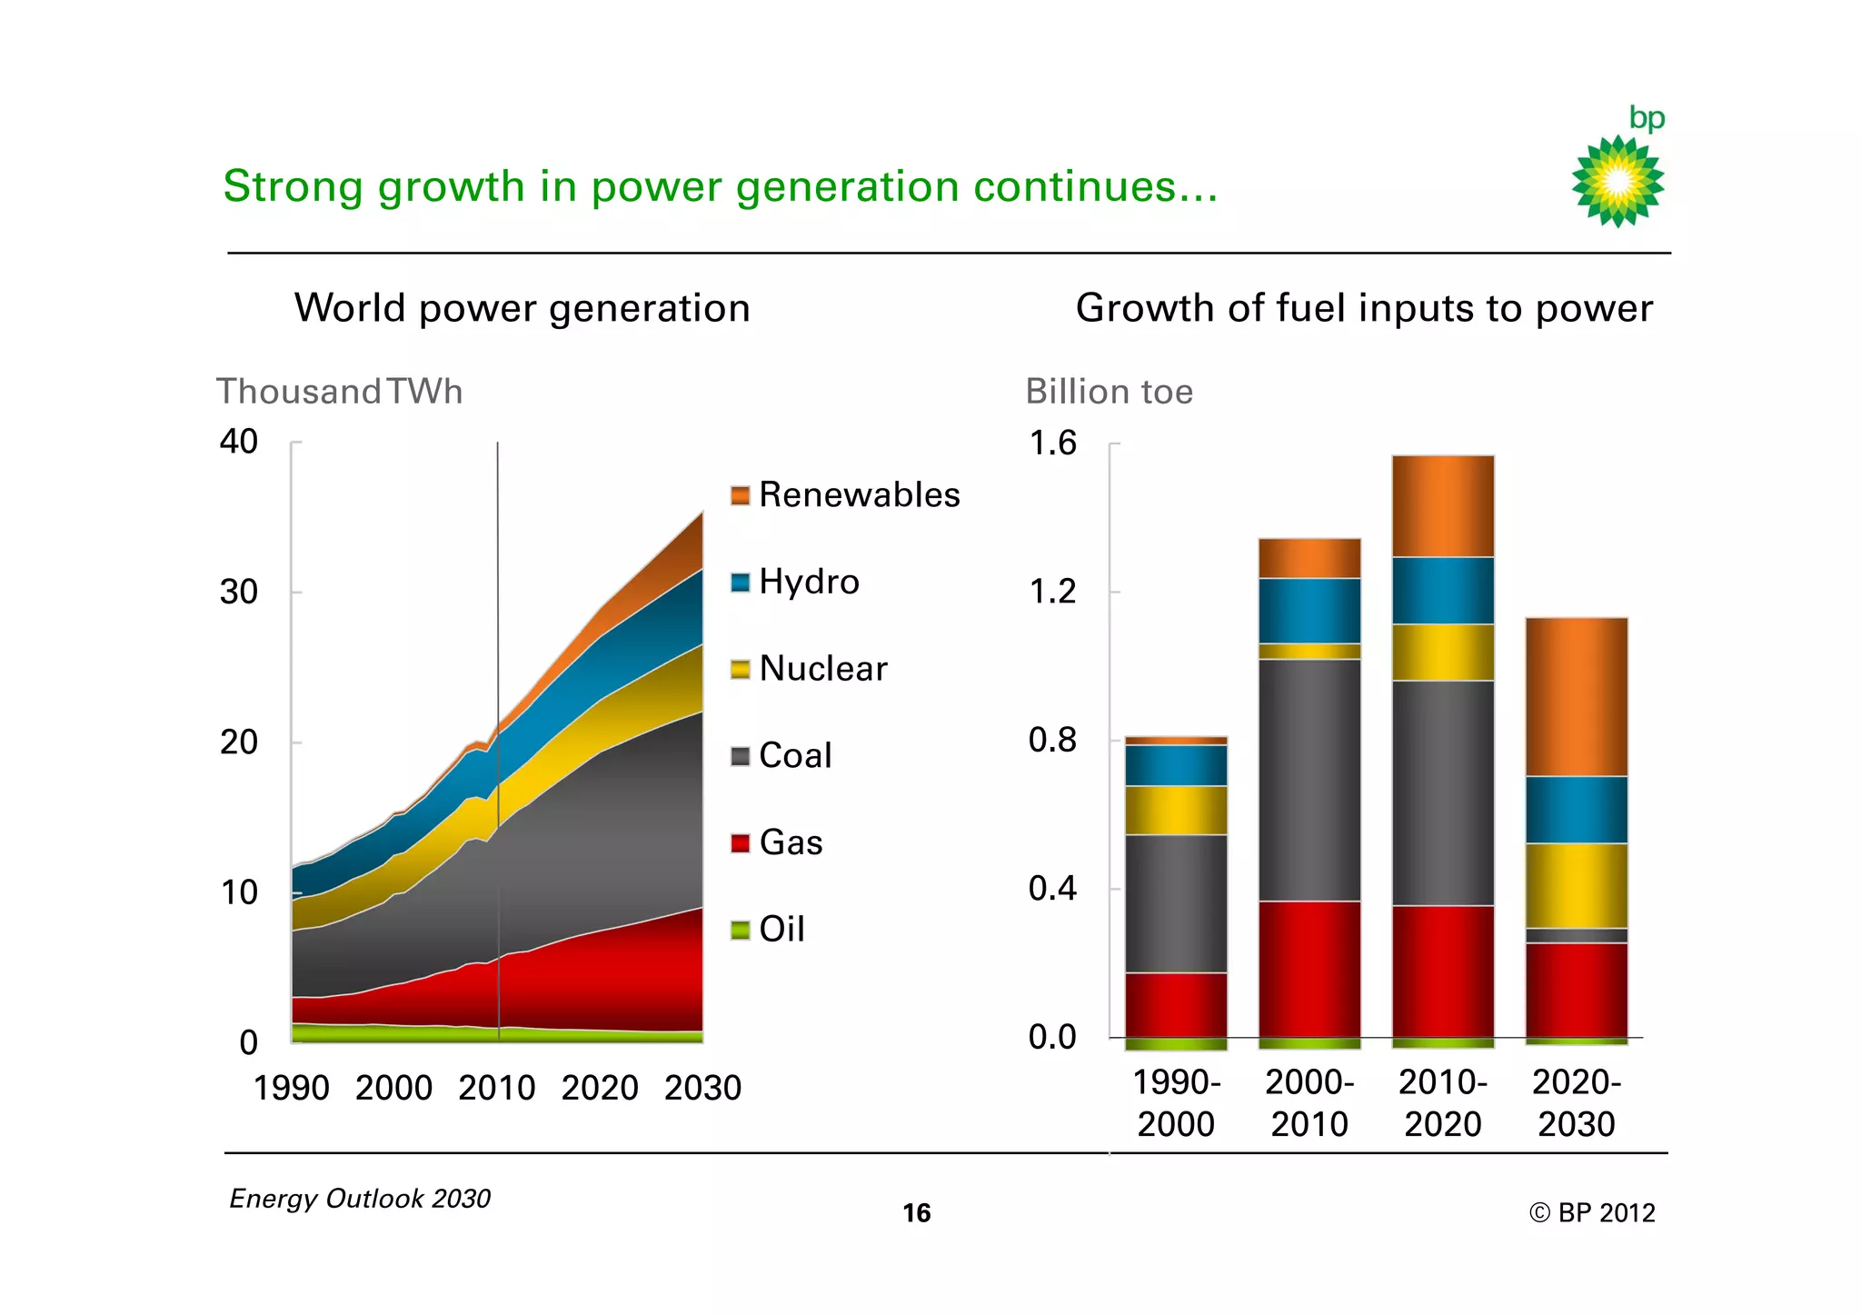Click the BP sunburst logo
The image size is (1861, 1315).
click(1617, 181)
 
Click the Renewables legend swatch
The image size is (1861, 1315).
click(741, 495)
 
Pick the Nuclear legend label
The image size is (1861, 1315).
click(822, 669)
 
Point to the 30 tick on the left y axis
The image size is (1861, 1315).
click(239, 593)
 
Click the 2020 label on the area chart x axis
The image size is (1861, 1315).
click(600, 1088)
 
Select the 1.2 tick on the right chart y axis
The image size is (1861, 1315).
click(1052, 593)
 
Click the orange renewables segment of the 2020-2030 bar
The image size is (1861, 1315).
click(1577, 696)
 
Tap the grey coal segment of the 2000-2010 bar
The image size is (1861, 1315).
click(1309, 780)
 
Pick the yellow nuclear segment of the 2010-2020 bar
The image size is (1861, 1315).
click(1443, 652)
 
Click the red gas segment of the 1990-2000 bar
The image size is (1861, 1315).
click(1176, 1004)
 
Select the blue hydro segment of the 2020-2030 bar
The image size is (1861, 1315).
click(1577, 810)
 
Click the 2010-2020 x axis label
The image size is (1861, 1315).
click(1443, 1103)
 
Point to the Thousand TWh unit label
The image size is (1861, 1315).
click(340, 392)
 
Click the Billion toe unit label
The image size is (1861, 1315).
click(1109, 392)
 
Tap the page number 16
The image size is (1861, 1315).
click(916, 1213)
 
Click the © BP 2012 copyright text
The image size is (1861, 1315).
click(1592, 1213)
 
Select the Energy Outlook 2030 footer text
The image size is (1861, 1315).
click(360, 1199)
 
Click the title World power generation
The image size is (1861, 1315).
click(522, 308)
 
